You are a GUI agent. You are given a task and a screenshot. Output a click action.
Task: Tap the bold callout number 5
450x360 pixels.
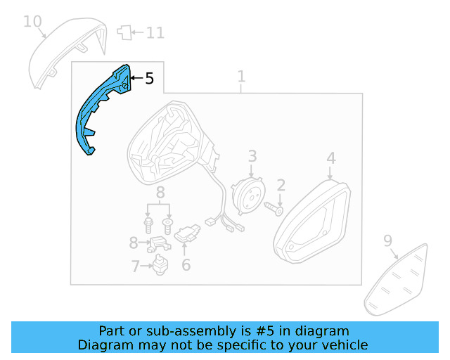[149, 78]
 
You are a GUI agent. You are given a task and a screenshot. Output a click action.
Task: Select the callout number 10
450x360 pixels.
[32, 22]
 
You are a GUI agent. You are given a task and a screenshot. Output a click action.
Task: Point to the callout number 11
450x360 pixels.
[155, 33]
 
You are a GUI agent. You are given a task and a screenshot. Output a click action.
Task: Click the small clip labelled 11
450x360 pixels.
[124, 32]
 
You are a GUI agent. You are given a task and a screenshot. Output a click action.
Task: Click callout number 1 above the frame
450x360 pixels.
[242, 77]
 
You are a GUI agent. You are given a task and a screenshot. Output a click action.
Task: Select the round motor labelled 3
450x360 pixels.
[248, 196]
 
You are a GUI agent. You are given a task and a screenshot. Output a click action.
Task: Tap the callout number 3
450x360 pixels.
[252, 156]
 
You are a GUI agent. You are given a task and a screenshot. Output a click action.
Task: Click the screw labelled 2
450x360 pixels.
[274, 209]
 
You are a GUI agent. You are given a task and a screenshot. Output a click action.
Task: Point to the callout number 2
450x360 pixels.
[281, 185]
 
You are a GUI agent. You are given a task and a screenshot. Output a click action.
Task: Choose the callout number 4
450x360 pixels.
[331, 158]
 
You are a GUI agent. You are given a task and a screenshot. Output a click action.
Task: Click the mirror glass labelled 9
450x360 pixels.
[396, 280]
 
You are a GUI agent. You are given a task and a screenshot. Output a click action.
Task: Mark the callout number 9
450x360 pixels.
[387, 240]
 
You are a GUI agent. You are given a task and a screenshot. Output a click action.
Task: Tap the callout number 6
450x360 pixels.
[186, 264]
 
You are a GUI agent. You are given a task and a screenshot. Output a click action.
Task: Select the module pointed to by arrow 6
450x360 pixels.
[187, 233]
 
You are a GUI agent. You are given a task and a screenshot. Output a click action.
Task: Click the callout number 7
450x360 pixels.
[136, 266]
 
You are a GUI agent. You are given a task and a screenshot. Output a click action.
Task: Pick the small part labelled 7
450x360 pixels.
[160, 264]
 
